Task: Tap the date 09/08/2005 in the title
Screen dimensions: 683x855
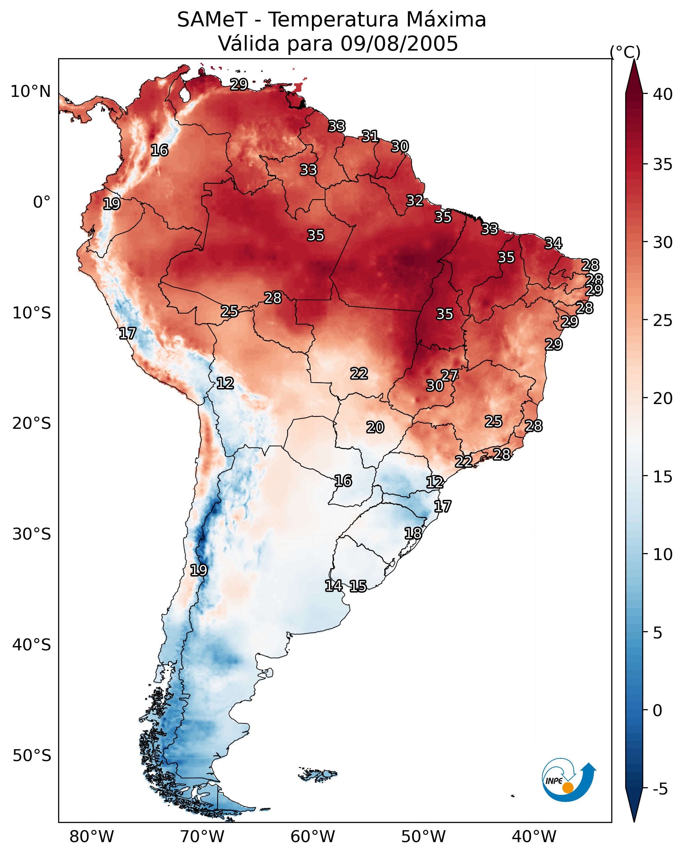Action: click(x=399, y=43)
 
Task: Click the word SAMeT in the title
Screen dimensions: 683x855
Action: click(x=212, y=20)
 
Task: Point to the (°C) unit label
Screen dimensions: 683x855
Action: click(x=625, y=52)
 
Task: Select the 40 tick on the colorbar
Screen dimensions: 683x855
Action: click(x=663, y=94)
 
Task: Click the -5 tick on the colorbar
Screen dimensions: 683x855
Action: click(x=660, y=789)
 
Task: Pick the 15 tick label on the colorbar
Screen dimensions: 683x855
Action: click(x=663, y=477)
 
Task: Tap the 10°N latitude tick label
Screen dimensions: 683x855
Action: click(x=30, y=92)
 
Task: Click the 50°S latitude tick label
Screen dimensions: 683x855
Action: click(x=32, y=756)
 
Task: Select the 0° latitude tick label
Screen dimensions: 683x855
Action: click(x=42, y=202)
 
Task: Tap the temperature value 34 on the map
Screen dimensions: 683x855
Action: click(x=553, y=243)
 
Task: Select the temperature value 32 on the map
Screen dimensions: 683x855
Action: click(x=415, y=201)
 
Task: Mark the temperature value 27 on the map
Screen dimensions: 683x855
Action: click(x=449, y=375)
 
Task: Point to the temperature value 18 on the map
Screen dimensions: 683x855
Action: click(x=413, y=533)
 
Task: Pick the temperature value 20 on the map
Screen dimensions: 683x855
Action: click(x=375, y=427)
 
